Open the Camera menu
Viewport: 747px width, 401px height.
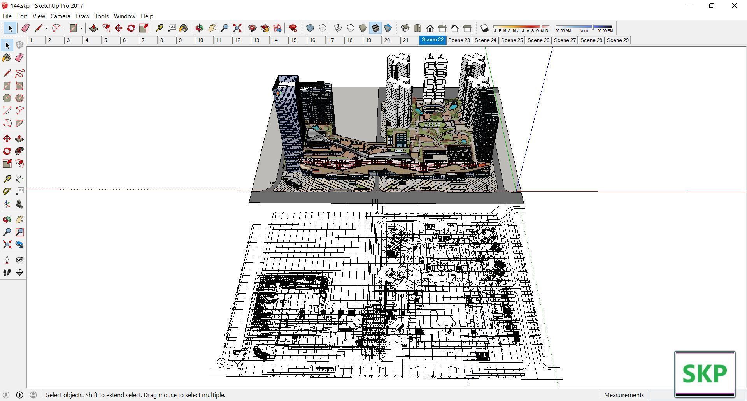[60, 16]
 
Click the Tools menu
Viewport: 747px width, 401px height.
[102, 16]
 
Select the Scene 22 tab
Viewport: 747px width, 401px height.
[432, 40]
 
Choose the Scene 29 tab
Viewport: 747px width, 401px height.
[617, 40]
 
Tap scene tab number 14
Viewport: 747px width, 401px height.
[275, 40]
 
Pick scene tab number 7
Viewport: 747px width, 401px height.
[143, 40]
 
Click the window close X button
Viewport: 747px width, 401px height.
[734, 6]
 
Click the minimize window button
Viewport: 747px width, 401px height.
[689, 6]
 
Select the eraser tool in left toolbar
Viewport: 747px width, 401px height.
[19, 58]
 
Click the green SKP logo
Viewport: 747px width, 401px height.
[705, 374]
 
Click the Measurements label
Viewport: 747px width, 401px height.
[624, 395]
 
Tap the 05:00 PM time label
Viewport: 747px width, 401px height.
[605, 31]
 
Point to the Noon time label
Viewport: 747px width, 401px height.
[584, 31]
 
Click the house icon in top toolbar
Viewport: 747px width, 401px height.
[430, 28]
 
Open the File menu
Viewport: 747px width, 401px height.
[7, 16]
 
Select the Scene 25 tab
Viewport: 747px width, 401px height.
[512, 40]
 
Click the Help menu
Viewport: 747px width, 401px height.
[147, 16]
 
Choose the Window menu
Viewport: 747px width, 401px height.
[124, 16]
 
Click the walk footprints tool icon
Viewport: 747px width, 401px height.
[7, 273]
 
